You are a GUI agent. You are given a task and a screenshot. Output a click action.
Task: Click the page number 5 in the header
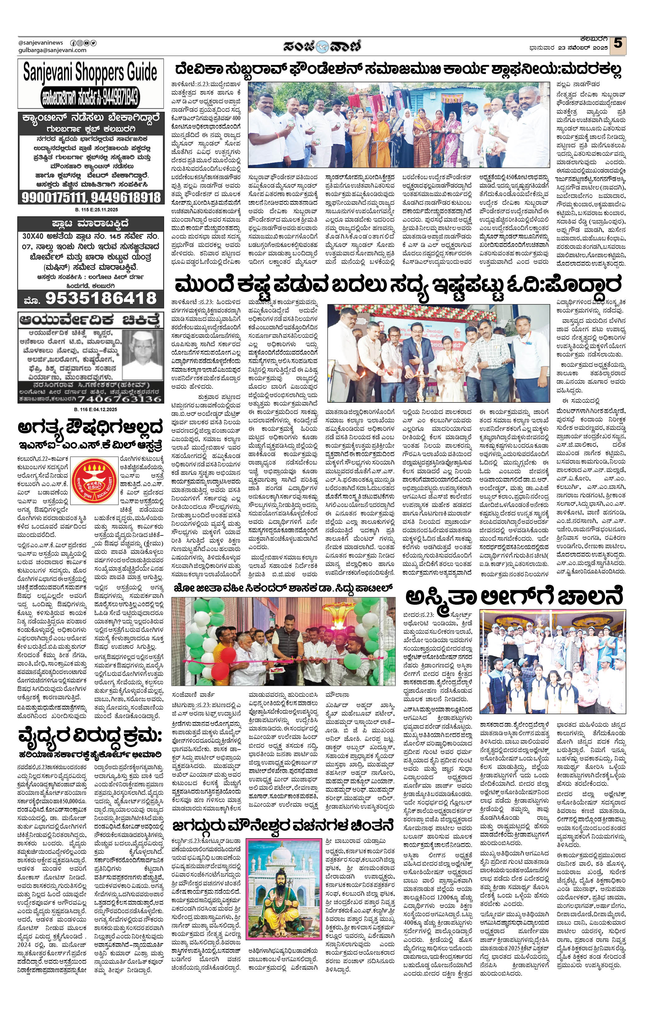point(618,43)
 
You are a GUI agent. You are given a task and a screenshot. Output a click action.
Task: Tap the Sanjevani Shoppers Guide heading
point(90,72)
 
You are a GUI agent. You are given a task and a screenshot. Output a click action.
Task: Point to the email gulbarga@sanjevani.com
point(52,50)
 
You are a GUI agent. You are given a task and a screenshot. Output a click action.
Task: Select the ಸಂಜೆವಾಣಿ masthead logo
point(322,46)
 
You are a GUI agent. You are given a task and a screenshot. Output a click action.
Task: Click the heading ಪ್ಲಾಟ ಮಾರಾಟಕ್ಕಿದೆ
point(90,223)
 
